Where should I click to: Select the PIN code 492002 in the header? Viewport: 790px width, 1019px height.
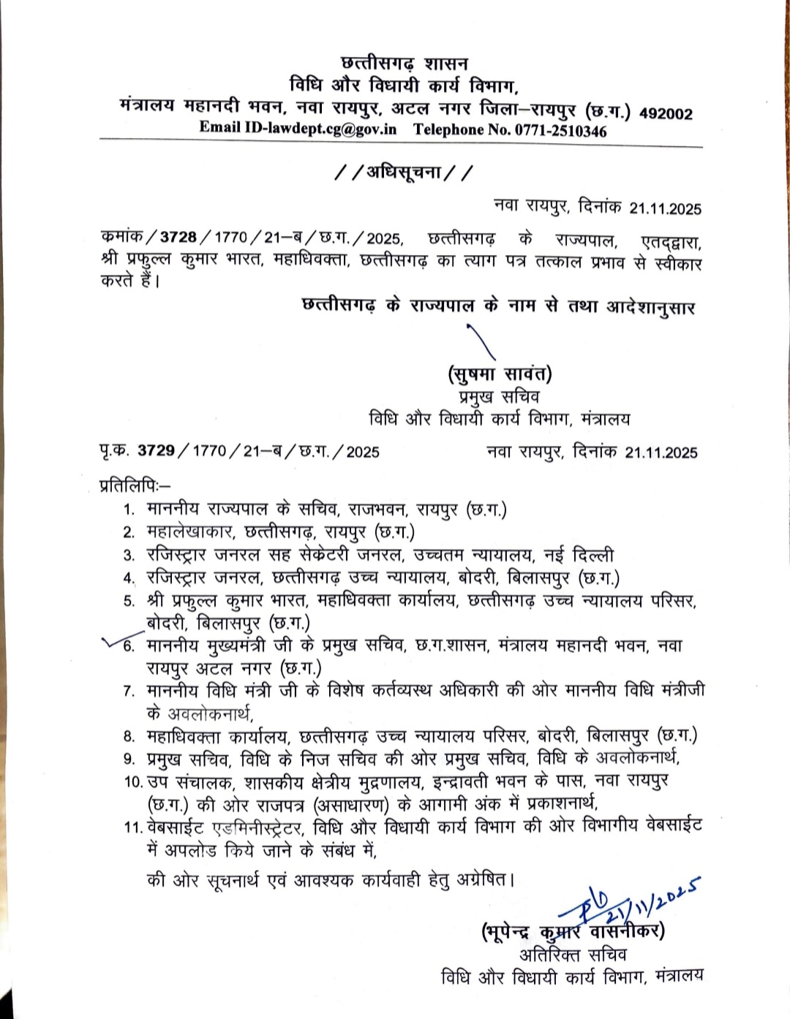click(666, 113)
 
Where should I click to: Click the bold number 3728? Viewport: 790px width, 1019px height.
click(178, 238)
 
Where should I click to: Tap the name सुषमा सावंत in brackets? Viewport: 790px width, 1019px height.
click(500, 376)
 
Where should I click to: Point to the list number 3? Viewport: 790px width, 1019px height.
click(129, 556)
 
